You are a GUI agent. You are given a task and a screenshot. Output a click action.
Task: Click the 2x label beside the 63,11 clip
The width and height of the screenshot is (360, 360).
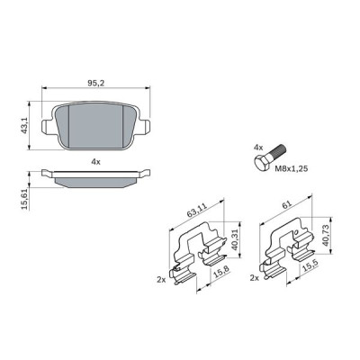(x=162, y=280)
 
